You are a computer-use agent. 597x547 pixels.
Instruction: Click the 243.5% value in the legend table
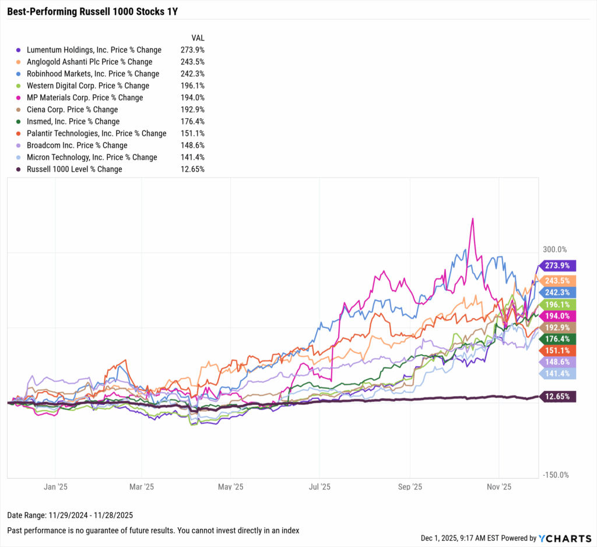pos(192,62)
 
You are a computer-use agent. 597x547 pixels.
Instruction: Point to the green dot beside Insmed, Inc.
pos(19,122)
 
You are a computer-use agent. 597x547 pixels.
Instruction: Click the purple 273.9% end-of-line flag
pos(558,266)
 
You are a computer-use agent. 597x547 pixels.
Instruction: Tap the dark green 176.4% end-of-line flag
pos(558,338)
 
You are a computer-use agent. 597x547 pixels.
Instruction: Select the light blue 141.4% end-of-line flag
pos(558,373)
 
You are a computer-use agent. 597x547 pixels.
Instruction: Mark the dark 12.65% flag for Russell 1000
pos(558,397)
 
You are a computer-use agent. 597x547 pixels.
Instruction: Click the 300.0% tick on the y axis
pos(555,249)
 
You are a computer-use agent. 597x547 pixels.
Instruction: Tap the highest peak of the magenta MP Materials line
pos(472,218)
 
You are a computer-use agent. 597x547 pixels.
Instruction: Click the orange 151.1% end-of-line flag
pos(558,350)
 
